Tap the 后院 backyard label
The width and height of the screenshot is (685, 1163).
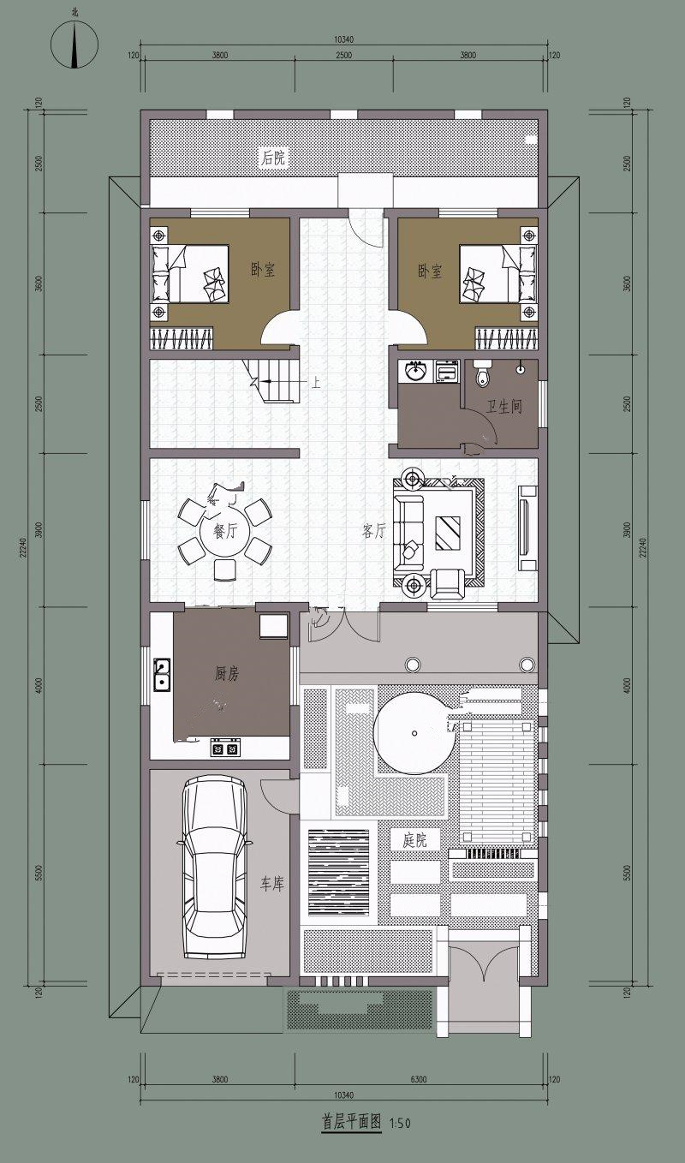pyautogui.click(x=273, y=157)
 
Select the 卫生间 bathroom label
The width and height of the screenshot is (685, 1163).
pyautogui.click(x=503, y=407)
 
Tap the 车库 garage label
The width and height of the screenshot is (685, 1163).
pyautogui.click(x=272, y=884)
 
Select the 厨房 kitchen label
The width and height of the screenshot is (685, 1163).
pyautogui.click(x=227, y=674)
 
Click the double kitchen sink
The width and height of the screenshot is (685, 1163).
pyautogui.click(x=162, y=675)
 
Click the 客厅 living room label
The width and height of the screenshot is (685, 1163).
pyautogui.click(x=373, y=531)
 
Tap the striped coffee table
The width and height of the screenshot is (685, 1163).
pyautogui.click(x=447, y=532)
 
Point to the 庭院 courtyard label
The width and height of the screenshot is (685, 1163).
pyautogui.click(x=414, y=839)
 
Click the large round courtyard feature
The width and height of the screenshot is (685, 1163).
pyautogui.click(x=414, y=733)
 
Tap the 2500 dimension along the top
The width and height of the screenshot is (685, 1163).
pyautogui.click(x=343, y=55)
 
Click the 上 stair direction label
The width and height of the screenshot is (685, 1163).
pyautogui.click(x=315, y=383)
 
